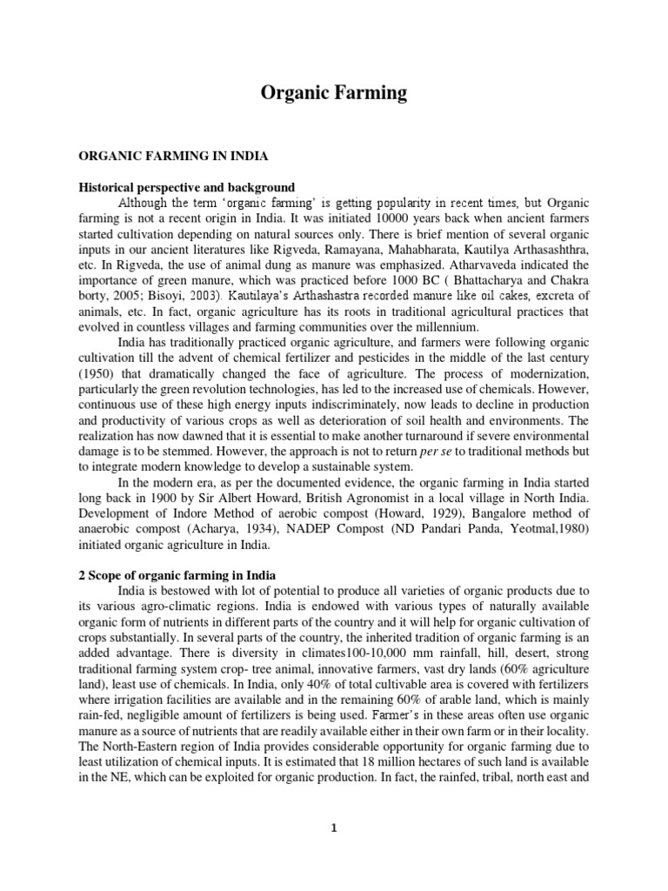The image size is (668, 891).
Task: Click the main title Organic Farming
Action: tap(334, 93)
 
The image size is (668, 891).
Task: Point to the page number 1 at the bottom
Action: tap(334, 827)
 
